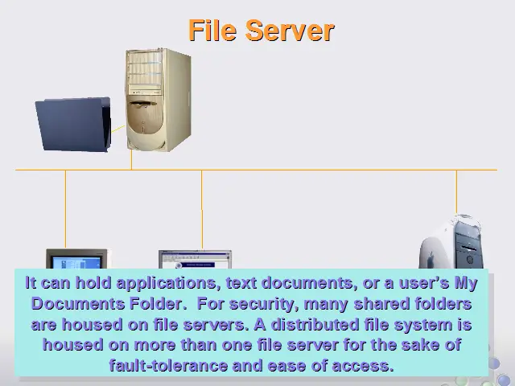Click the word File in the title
[x=212, y=31]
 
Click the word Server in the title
[x=290, y=31]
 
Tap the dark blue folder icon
[x=73, y=124]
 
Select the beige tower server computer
[x=159, y=100]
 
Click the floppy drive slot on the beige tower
[x=143, y=104]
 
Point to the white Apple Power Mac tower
[x=451, y=241]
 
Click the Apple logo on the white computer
[x=431, y=258]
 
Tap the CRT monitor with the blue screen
[x=77, y=259]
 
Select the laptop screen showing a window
[x=195, y=260]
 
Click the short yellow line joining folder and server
[x=118, y=129]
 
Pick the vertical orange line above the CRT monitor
[x=65, y=209]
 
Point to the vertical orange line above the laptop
[x=202, y=210]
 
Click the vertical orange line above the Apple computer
[x=456, y=192]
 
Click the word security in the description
[x=262, y=304]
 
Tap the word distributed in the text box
[x=315, y=325]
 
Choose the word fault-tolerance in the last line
[x=168, y=365]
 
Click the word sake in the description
[x=420, y=345]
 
